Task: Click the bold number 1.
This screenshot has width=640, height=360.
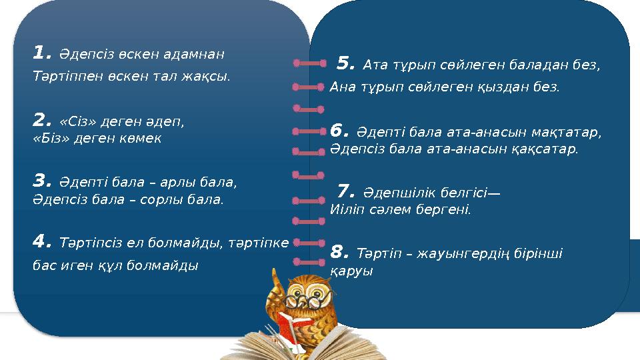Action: (x=41, y=52)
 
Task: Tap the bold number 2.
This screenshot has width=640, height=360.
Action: (x=41, y=121)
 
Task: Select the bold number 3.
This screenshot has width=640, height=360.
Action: (x=41, y=180)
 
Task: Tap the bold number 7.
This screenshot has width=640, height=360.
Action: (x=346, y=192)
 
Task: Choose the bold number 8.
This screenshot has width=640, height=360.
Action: (x=340, y=252)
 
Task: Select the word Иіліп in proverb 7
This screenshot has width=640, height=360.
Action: (x=346, y=209)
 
